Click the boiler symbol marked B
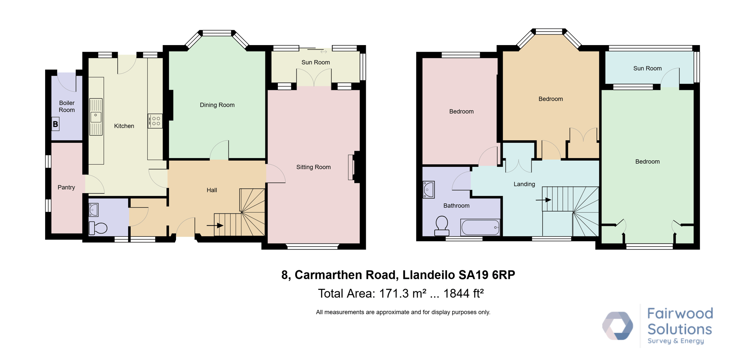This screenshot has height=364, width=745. coord(55,124)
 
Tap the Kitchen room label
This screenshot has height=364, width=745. coord(124,126)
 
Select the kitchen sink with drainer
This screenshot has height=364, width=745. coord(96,117)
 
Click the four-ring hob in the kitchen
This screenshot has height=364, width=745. coord(155,121)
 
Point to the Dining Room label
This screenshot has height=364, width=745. coord(217,105)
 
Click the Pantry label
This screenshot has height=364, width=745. coord(66,187)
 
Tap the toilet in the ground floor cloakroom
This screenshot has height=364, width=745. coord(98,228)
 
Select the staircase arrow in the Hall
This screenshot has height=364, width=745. coord(215,225)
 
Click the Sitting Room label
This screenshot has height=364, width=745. coord(314,167)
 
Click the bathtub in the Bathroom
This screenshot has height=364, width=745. coord(480,227)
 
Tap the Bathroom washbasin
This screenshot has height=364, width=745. coord(429,189)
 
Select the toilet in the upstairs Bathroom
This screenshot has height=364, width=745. coord(442,225)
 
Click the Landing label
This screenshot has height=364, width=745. coord(524,184)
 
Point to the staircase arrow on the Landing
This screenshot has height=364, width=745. coord(543,200)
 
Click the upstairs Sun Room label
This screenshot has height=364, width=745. coord(648,68)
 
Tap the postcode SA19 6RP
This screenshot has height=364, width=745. coord(487,275)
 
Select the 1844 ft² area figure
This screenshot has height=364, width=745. coord(463,293)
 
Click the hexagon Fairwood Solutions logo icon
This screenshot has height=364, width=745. coord(618,325)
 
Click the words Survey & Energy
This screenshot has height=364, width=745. coord(676,341)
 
